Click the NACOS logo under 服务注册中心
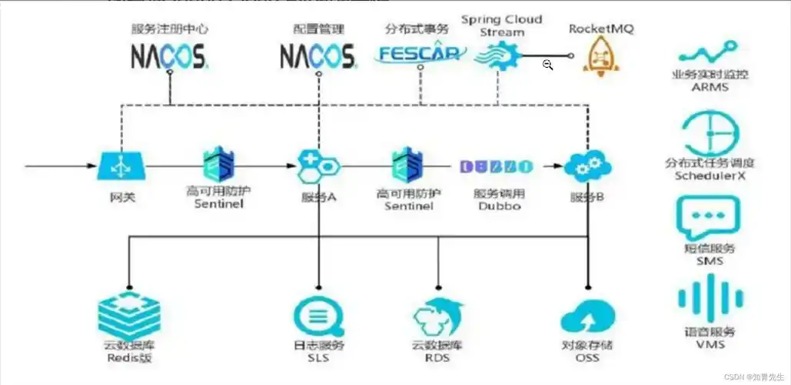[169, 56]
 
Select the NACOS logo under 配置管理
[317, 56]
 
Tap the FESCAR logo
[420, 54]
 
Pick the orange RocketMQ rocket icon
[599, 56]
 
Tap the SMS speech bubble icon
[708, 216]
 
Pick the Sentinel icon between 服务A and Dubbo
[408, 165]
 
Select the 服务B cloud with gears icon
[587, 166]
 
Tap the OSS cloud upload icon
[587, 316]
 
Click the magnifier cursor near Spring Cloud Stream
[547, 65]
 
